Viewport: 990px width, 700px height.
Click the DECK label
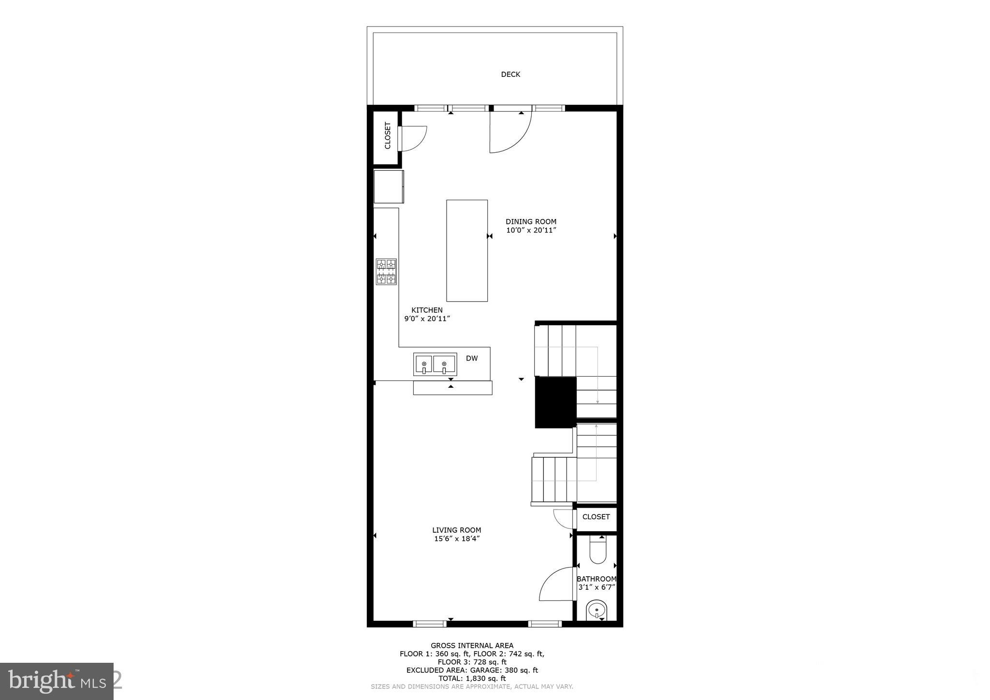(x=510, y=74)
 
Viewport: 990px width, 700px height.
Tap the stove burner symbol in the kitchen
(x=386, y=272)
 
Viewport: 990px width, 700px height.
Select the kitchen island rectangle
(x=466, y=250)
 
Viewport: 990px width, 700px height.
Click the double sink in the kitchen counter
(x=435, y=365)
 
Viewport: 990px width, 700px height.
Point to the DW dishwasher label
(x=472, y=358)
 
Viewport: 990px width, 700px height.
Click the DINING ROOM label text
(x=531, y=222)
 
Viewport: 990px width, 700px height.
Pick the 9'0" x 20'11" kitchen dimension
(x=427, y=319)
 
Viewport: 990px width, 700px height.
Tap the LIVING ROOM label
(x=456, y=530)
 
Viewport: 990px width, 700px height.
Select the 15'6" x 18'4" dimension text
(x=456, y=539)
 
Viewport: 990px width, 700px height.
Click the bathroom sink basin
(x=597, y=610)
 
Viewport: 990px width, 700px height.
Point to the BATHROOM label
(x=597, y=579)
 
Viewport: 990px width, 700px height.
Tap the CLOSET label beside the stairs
(x=596, y=517)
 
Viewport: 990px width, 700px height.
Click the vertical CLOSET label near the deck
(x=387, y=135)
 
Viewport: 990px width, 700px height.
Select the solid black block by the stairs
(x=555, y=402)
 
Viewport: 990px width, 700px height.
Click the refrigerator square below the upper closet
(x=388, y=187)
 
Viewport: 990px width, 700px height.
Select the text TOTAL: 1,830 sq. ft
(x=472, y=678)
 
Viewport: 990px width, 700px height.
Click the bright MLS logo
(x=57, y=681)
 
